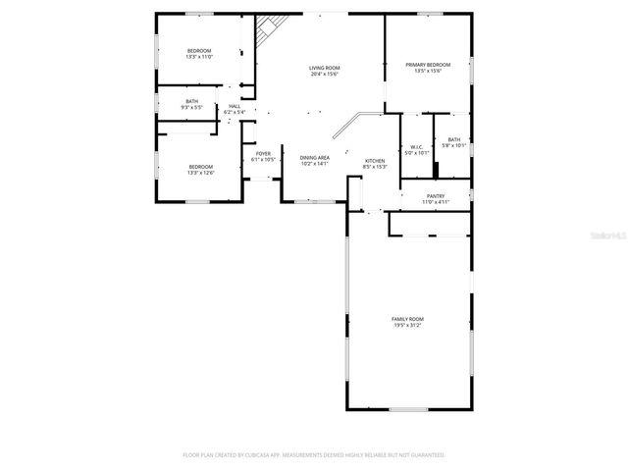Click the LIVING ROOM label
coord(325,68)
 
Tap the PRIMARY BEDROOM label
coord(428,64)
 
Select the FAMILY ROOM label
coord(407,319)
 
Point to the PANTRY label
coord(436,195)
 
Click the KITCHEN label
coord(375,161)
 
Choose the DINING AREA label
coord(314,157)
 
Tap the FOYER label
coord(263,153)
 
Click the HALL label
coord(235,106)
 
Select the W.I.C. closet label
coord(417,147)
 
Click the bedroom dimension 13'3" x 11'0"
coord(199,57)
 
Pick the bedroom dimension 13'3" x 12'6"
coord(201,173)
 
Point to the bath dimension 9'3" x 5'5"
coord(192,107)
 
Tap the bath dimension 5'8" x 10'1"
coord(454,146)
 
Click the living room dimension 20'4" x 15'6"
coord(325,74)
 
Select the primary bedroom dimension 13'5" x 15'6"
coord(428,71)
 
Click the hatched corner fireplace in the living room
coord(266,31)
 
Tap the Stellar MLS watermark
coord(607,235)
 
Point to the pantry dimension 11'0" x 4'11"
coord(436,202)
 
